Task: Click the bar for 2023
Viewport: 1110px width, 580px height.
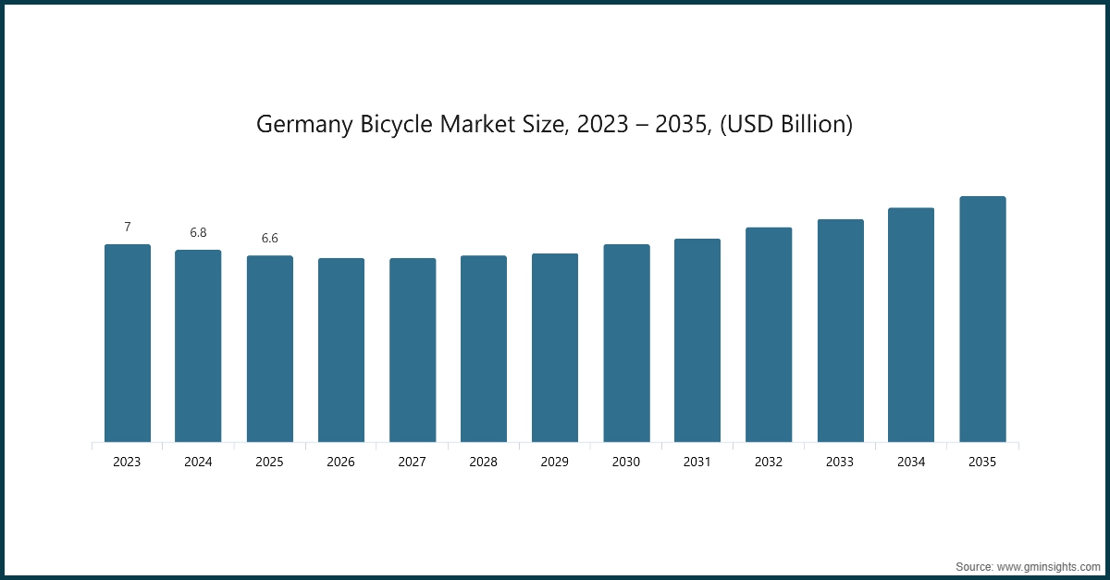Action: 128,343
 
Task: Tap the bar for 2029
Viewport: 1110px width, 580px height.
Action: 555,348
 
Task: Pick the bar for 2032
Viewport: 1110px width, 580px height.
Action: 769,335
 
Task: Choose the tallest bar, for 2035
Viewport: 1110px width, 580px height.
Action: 982,319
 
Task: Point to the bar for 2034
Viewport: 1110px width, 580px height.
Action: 911,325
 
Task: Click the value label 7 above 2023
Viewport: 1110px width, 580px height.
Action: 128,227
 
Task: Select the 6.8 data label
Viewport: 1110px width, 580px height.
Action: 198,232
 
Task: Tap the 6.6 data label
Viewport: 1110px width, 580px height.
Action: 269,238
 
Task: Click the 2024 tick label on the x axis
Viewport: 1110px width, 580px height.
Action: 198,462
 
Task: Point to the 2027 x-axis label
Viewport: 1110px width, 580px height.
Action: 412,462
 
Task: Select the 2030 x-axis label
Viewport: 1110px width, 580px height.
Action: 626,462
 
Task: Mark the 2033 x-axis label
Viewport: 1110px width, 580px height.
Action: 840,462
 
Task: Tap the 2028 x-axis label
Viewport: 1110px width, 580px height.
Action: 483,462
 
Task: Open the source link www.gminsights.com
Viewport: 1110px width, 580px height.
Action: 1049,565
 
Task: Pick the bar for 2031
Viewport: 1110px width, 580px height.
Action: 697,340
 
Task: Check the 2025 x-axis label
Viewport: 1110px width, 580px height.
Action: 269,462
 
